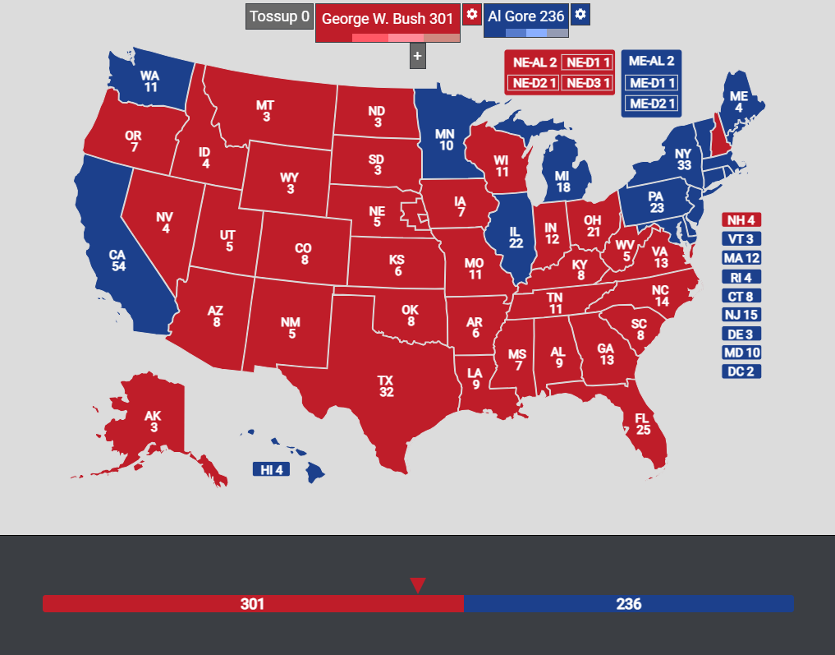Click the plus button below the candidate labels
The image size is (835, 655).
click(417, 56)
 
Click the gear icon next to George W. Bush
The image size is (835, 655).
click(471, 15)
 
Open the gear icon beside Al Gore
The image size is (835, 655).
click(580, 15)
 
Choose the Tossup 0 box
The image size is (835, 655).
click(279, 16)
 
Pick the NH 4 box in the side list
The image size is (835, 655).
click(741, 219)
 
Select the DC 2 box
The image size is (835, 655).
click(741, 371)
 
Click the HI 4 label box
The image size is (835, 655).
click(271, 469)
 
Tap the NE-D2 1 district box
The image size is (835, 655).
click(533, 82)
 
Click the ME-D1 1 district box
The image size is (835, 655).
click(651, 82)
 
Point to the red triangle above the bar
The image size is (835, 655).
click(417, 584)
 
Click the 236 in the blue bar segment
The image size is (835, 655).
click(628, 604)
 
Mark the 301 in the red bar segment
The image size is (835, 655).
click(252, 604)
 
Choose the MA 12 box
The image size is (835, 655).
click(741, 257)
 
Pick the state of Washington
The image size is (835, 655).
click(151, 81)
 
